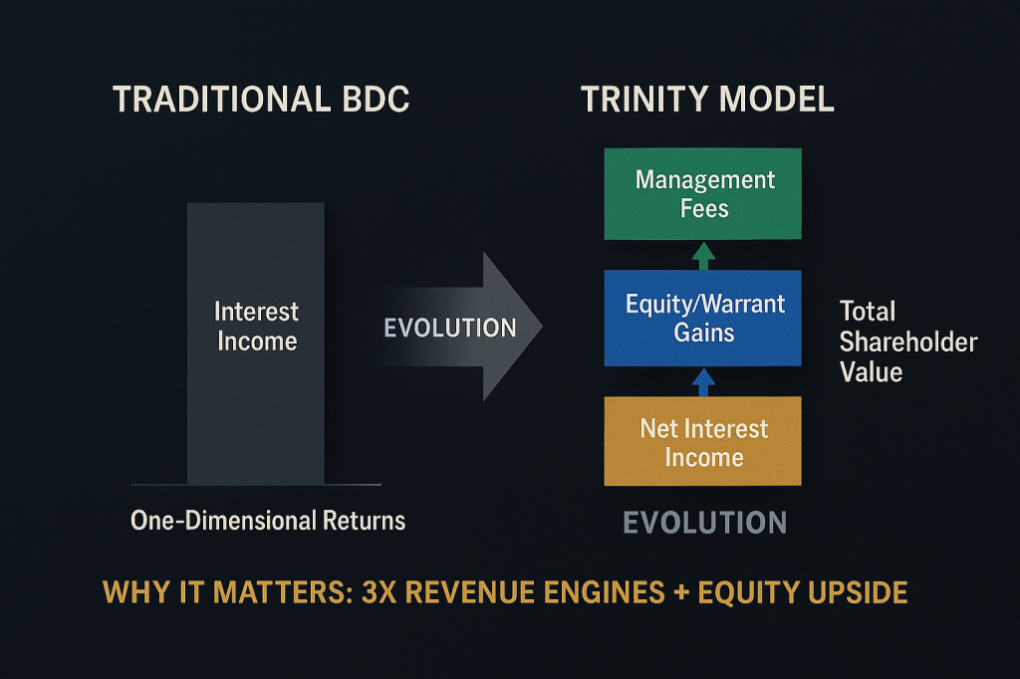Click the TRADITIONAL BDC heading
coord(262,100)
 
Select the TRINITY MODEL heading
coord(707,100)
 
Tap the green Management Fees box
coord(702,194)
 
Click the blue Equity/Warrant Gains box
coord(702,318)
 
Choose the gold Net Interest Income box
coord(702,441)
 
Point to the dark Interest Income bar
coord(256,343)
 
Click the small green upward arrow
coord(703,256)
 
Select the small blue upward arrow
coord(703,382)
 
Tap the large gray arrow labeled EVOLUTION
coord(458,327)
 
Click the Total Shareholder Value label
coord(908,341)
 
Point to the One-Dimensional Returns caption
coord(268,521)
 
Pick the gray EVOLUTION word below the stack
coord(705,523)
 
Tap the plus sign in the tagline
coord(681,593)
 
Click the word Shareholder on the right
coord(908,342)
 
